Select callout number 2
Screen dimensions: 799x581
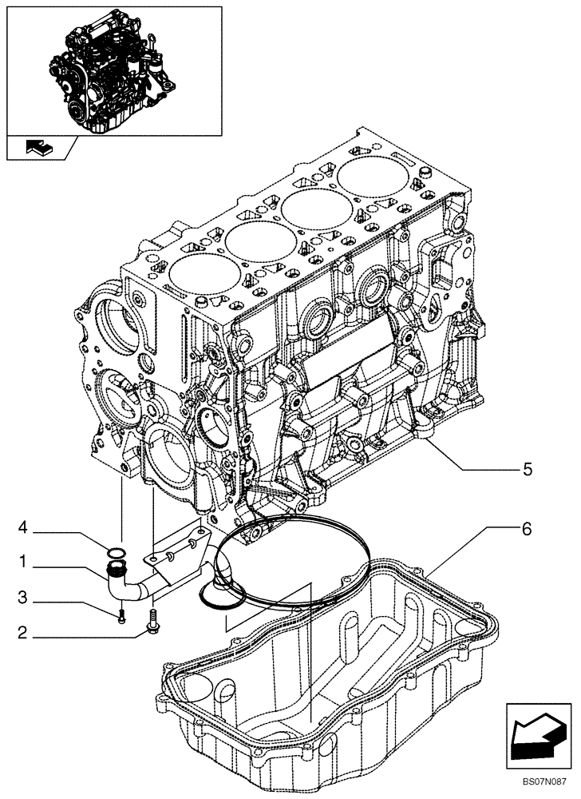tap(24, 636)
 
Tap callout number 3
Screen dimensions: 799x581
tap(24, 596)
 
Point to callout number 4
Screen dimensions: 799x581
tap(24, 527)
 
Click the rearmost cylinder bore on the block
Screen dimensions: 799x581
tap(372, 177)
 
